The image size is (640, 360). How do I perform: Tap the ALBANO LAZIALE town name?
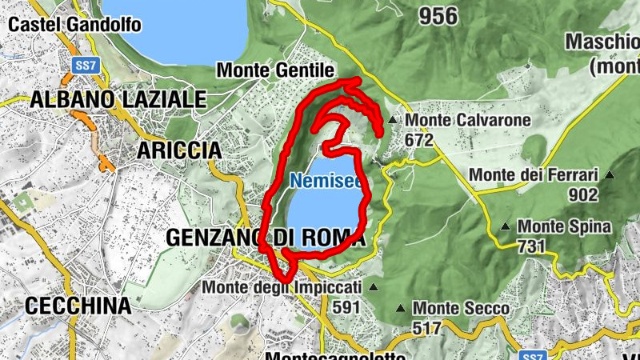[118, 100]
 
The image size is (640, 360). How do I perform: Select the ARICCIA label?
[178, 150]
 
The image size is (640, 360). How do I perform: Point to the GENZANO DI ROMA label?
[265, 238]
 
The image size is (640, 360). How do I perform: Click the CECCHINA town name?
[78, 306]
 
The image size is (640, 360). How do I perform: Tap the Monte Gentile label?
[274, 70]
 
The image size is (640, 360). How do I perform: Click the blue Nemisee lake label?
[326, 182]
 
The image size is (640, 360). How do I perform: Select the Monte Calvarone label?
[468, 121]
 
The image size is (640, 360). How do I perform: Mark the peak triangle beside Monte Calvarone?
[392, 121]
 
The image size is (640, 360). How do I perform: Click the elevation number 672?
[418, 140]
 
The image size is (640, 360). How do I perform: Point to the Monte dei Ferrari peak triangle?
[610, 175]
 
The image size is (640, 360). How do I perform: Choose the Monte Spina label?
[564, 227]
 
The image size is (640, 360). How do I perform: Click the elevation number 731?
[532, 246]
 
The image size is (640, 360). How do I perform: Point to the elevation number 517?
[428, 327]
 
